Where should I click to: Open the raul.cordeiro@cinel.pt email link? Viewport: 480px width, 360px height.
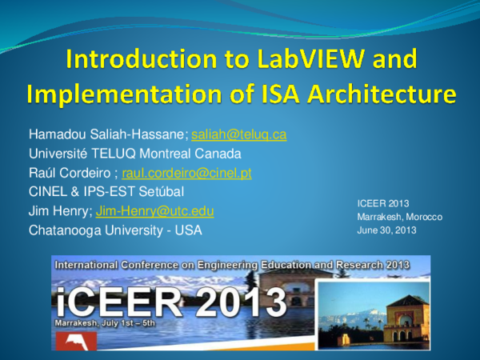click(x=186, y=172)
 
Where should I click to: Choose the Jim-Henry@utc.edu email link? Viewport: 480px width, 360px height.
click(x=154, y=211)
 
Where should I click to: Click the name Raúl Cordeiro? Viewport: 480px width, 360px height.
click(x=71, y=172)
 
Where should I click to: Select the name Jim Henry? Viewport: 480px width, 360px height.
click(x=58, y=211)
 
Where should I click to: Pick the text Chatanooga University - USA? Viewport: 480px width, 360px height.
click(x=115, y=230)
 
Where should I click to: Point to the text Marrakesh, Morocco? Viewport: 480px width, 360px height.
click(x=399, y=217)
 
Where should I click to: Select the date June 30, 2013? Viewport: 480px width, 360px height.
click(x=388, y=230)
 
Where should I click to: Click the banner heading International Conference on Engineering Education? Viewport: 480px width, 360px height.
click(x=192, y=263)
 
